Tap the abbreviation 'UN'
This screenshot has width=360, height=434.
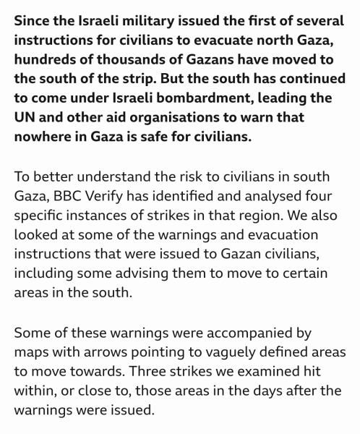pyautogui.click(x=26, y=117)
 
